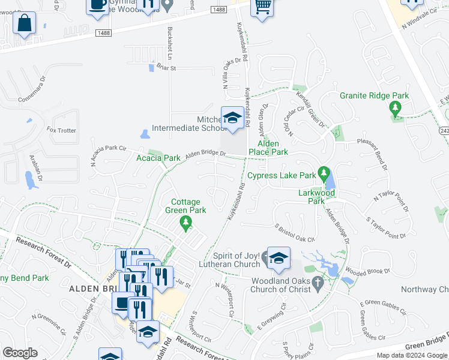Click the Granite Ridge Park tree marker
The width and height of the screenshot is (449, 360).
[x=395, y=109]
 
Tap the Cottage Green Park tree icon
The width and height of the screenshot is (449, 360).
[x=186, y=224]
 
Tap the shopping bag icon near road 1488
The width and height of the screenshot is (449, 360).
[x=25, y=25]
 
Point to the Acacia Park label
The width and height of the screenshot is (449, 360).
[x=158, y=158]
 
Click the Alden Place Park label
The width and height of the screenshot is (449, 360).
[x=273, y=148]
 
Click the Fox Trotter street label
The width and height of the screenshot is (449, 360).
[x=61, y=130]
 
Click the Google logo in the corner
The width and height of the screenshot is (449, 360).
[x=20, y=353]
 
